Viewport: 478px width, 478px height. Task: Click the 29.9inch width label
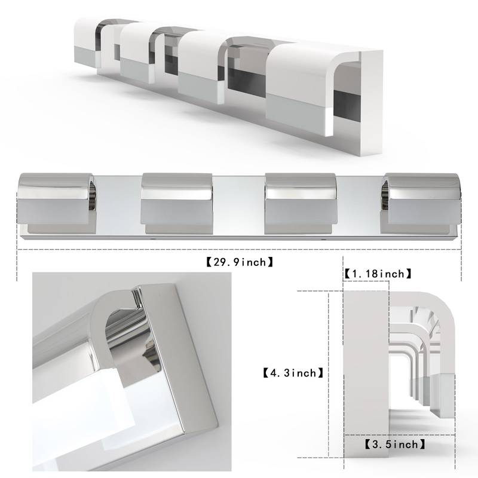click(x=238, y=261)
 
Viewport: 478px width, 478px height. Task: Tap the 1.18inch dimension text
click(x=378, y=274)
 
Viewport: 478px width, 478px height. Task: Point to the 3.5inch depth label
click(x=395, y=444)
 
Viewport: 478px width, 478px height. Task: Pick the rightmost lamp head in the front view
click(x=421, y=201)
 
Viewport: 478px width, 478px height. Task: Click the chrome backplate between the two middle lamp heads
click(x=238, y=203)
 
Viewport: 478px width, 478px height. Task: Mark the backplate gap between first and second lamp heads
click(x=117, y=203)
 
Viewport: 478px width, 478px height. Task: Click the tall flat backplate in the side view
click(x=366, y=370)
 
